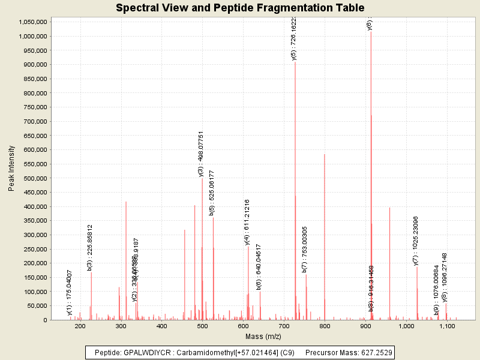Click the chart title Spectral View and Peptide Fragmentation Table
[240, 8]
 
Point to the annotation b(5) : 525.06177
[212, 193]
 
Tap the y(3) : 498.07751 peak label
[201, 154]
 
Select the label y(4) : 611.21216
[247, 222]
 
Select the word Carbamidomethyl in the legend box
[205, 352]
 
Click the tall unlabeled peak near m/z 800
[325, 240]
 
